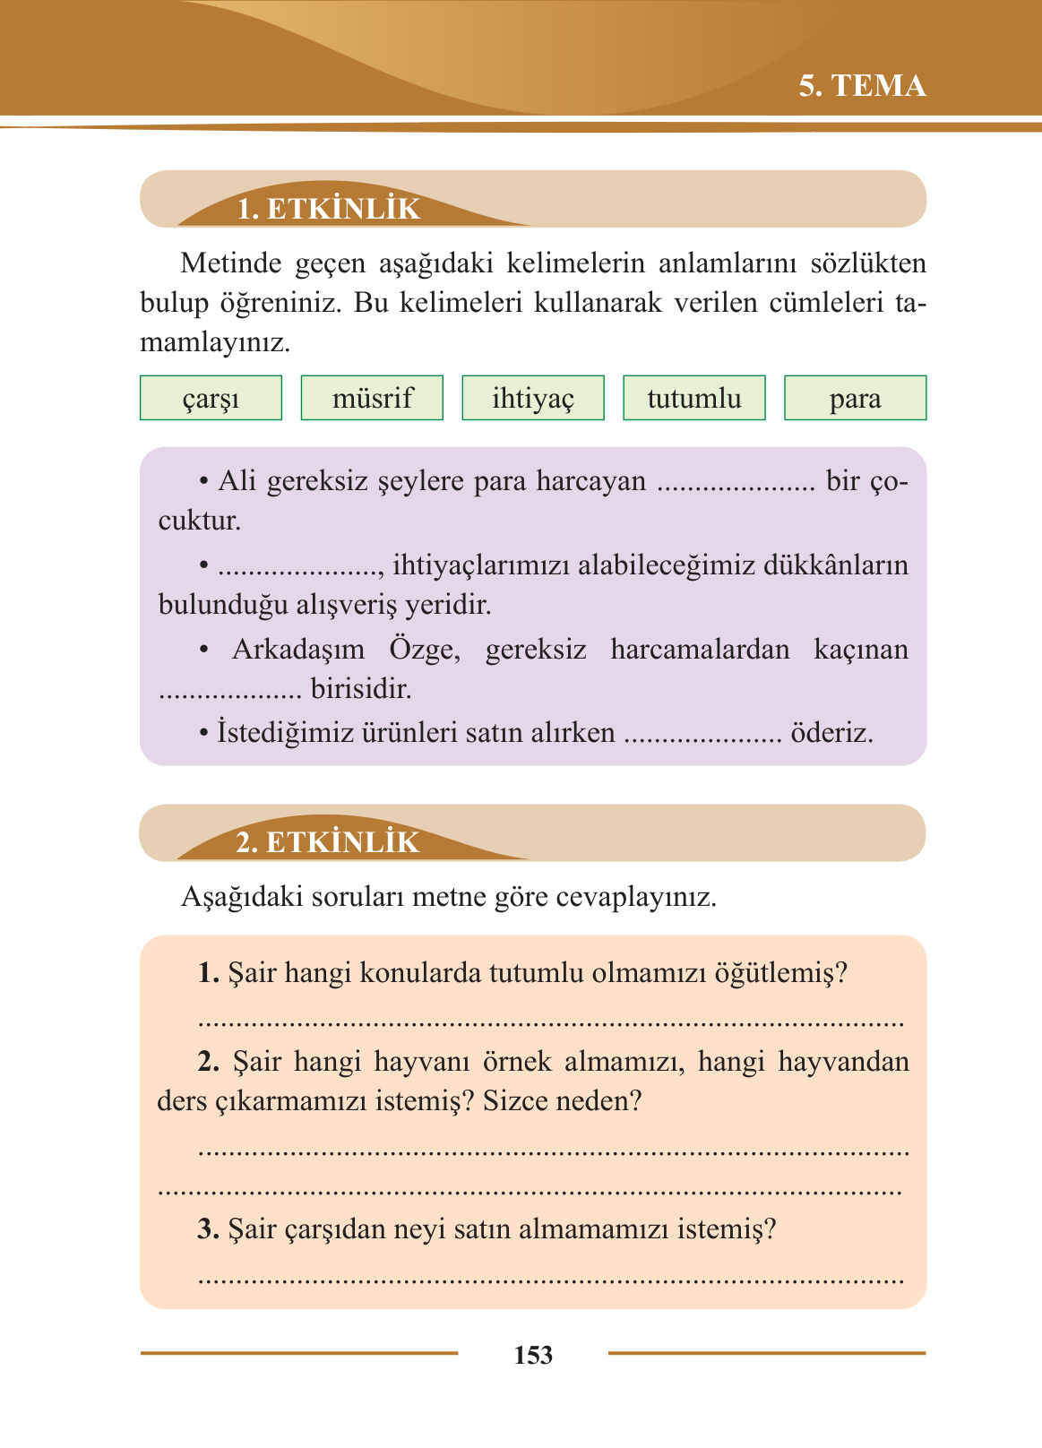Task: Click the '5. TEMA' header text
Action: point(862,86)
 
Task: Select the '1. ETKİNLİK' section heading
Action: point(328,209)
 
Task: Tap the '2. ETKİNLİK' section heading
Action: point(327,842)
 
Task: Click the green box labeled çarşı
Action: point(211,398)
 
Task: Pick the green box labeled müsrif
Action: point(372,398)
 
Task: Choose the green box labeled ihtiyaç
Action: point(533,398)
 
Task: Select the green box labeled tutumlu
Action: point(694,398)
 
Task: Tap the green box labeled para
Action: point(855,398)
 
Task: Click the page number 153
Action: point(533,1355)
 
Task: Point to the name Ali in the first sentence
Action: point(237,481)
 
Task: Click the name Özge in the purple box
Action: point(425,649)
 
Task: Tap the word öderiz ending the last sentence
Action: point(831,733)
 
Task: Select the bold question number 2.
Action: point(209,1062)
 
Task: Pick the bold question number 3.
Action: point(209,1228)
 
